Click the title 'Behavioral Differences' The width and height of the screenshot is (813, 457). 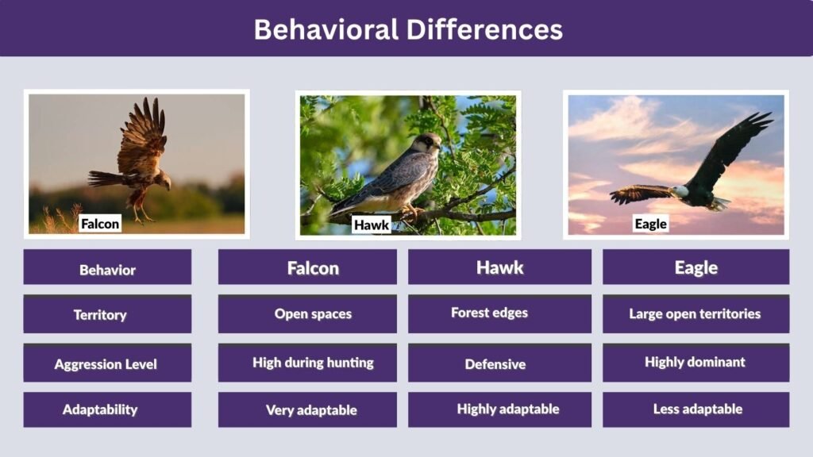point(407,29)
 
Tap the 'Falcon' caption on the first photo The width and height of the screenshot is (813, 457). point(100,224)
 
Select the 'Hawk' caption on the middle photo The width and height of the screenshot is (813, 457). point(372,225)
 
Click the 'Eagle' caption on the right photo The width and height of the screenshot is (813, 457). point(650,224)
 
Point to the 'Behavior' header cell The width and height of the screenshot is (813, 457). point(107,270)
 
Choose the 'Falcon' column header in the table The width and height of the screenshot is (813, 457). point(313,268)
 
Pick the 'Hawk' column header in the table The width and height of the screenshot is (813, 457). point(499,267)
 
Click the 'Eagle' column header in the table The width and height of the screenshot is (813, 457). point(695,267)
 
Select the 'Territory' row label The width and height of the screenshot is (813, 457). point(100,315)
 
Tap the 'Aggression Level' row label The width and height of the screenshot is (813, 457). point(106,364)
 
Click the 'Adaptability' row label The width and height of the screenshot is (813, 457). point(100,409)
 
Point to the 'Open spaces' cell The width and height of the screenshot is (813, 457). point(313,314)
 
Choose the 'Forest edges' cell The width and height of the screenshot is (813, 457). point(489,313)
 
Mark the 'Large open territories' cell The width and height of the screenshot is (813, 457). point(695,314)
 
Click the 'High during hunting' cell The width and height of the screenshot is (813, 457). point(313,363)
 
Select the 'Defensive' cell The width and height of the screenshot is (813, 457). point(495,364)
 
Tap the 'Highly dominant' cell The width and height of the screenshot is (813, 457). point(695,362)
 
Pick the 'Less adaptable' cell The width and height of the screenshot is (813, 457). point(697,409)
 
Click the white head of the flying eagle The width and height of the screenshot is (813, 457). point(680,191)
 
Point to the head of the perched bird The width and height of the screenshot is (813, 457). point(430,143)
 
